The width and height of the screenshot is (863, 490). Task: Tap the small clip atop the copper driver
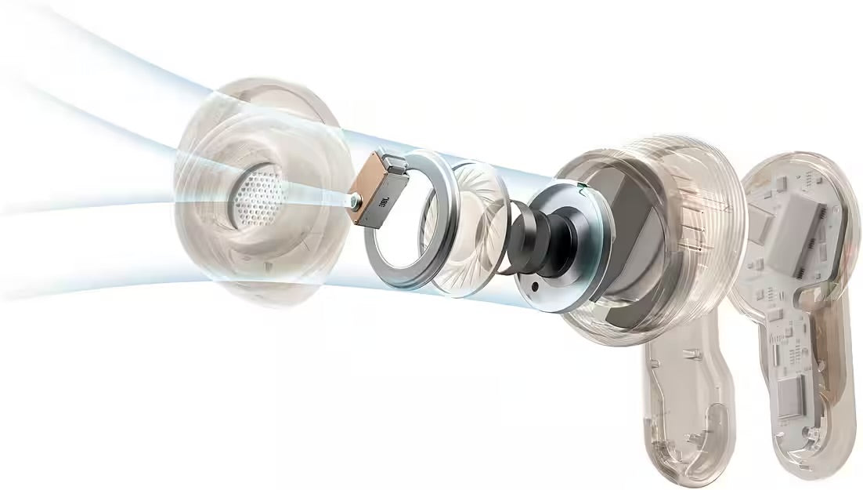(395, 160)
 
